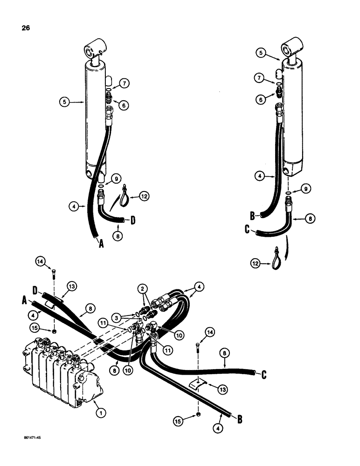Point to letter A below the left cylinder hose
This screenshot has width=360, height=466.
99,243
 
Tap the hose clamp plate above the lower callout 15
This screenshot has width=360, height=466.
199,383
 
